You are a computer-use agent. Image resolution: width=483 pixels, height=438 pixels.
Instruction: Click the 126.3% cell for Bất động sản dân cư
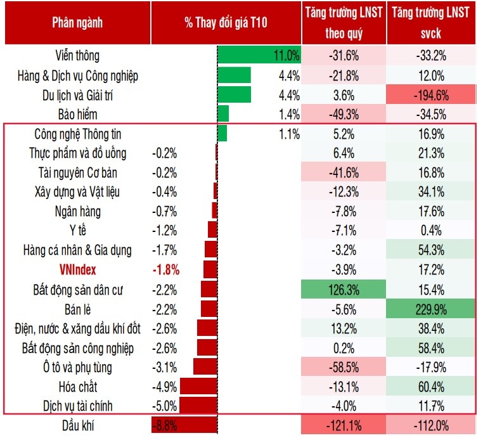click(344, 290)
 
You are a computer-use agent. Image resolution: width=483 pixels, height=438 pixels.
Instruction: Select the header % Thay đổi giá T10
click(226, 23)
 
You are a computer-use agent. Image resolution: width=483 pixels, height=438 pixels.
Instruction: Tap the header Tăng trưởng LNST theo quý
click(344, 23)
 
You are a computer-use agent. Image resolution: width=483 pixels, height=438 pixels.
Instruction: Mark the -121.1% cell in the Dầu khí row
click(344, 425)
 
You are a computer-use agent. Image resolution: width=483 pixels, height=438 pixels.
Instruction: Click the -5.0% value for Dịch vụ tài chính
click(165, 406)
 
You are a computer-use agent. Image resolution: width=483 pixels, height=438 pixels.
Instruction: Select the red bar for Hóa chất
click(198, 386)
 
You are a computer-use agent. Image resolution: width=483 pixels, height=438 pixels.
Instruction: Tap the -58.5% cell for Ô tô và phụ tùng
click(344, 367)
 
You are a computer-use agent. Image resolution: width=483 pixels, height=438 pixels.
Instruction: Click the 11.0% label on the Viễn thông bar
click(286, 56)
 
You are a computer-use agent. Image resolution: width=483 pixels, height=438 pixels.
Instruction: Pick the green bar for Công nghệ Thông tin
click(222, 134)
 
